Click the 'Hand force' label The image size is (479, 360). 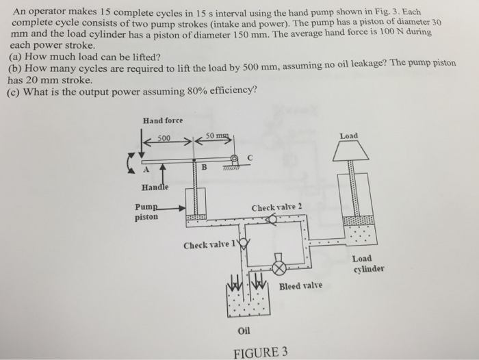tap(162, 121)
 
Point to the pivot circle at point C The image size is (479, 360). tap(235, 159)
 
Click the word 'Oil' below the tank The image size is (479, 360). tap(244, 331)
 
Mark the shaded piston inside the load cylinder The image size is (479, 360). tap(358, 221)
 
